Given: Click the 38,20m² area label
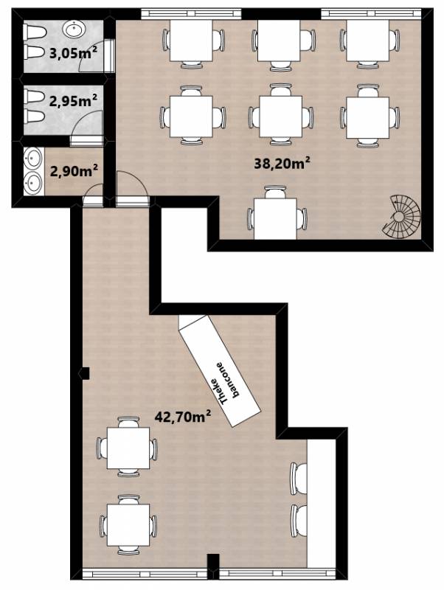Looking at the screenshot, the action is point(282,163).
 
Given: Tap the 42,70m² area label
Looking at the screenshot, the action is point(183,417).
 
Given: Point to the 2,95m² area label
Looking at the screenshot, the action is point(73,101).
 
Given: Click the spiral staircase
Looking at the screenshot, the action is point(401,216).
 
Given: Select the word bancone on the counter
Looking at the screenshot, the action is point(227,379).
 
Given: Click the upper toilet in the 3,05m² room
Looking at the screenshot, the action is point(35,32).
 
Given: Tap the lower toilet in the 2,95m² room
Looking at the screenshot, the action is point(35,116).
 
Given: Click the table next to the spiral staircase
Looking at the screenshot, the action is point(275,218).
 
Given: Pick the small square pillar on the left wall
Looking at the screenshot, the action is point(85,373).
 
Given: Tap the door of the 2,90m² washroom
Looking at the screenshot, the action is point(93,196).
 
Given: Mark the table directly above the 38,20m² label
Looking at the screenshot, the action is point(280,117).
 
